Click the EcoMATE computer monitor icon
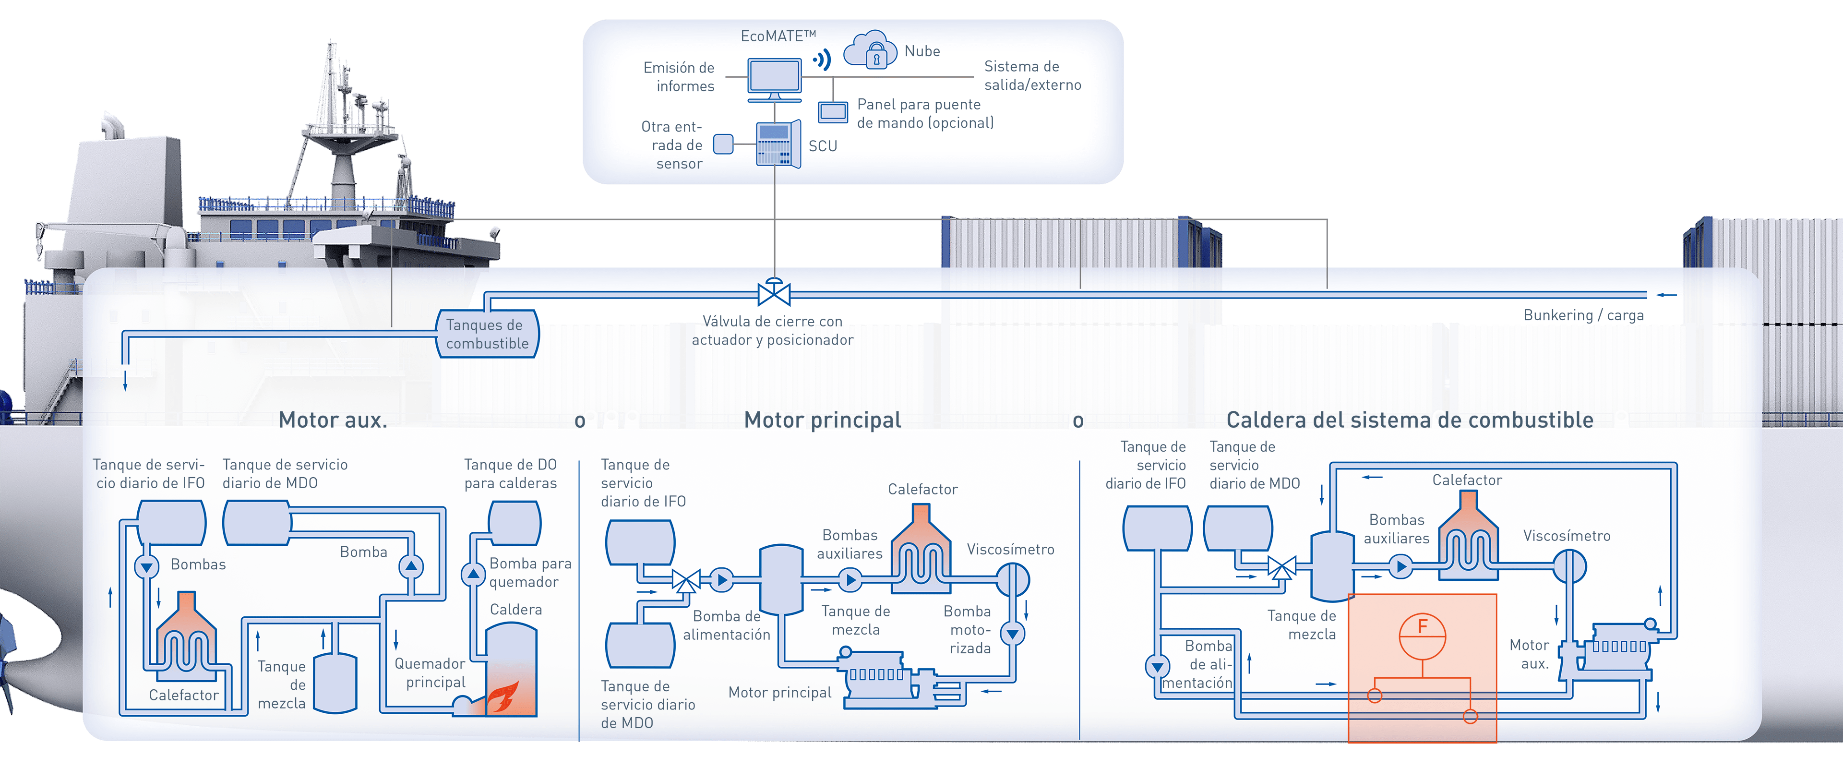(774, 77)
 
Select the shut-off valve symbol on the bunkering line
(773, 293)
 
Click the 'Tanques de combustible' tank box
(487, 334)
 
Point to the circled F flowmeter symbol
(1422, 636)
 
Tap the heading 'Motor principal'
(822, 420)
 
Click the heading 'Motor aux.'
(333, 420)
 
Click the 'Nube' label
(922, 51)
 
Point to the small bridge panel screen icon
(833, 112)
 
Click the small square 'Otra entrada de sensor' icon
(723, 144)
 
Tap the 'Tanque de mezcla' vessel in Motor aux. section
(335, 683)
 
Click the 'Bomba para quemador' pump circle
(473, 574)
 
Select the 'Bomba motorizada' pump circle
(1012, 634)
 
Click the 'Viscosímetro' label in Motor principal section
(1010, 549)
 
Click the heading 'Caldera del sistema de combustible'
(1410, 420)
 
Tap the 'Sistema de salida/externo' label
(1032, 75)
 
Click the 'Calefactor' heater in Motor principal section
(921, 550)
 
